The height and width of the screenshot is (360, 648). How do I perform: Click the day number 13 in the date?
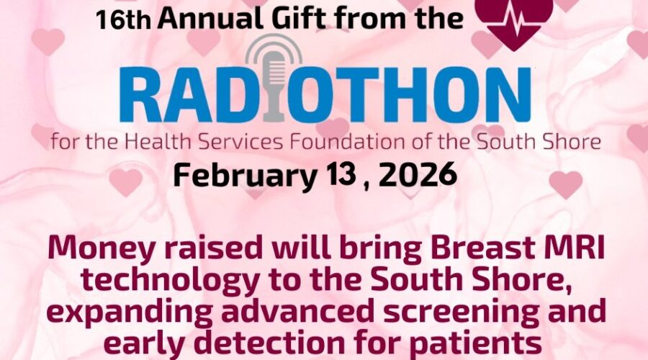pos(341,174)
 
